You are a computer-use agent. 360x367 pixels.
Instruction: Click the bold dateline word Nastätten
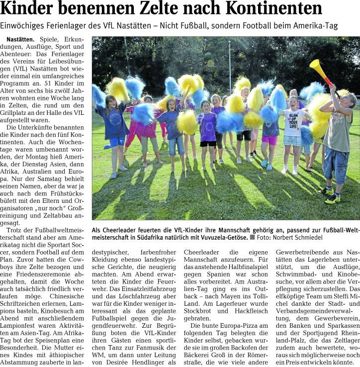pos(20,39)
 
